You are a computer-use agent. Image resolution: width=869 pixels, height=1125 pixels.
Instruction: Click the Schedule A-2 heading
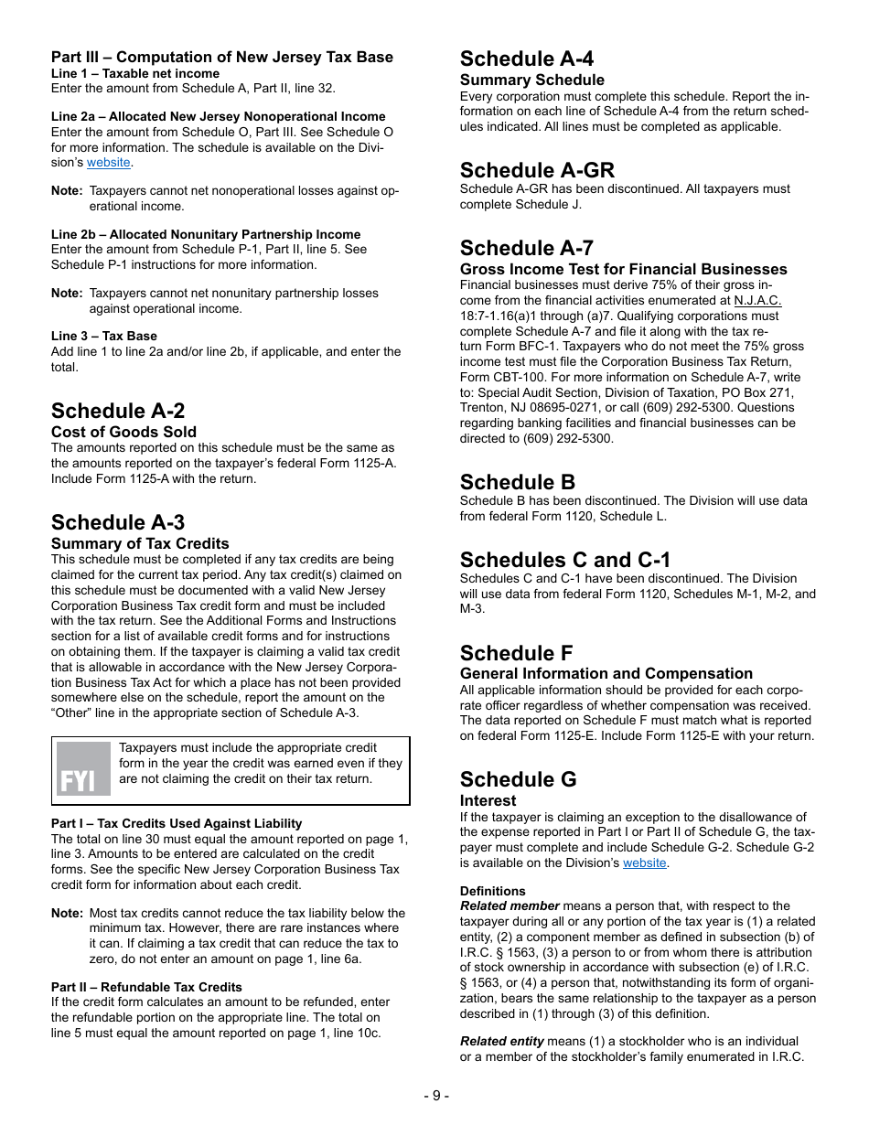pos(118,411)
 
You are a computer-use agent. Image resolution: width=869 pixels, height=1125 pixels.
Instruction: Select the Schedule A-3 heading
pos(118,522)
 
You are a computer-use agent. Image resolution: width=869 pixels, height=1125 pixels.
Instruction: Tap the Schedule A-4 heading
pos(527,59)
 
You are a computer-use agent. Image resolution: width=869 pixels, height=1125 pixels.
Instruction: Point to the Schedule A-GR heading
pos(537,170)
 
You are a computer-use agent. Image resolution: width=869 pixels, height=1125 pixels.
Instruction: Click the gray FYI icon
pos(83,768)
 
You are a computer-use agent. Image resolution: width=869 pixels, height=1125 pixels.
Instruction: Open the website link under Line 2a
pos(109,163)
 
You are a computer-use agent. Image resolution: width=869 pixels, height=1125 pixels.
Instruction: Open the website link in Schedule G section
pos(645,862)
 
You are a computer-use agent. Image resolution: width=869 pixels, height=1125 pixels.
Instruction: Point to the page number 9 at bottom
pos(435,1096)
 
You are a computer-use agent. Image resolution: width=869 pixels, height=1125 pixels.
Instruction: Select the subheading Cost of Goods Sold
pos(123,432)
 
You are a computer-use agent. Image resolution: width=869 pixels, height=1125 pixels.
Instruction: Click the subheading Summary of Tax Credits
pos(140,543)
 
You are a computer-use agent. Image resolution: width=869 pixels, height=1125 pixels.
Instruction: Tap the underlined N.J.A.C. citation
pos(757,301)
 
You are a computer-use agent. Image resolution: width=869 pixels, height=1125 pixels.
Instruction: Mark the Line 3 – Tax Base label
pos(104,336)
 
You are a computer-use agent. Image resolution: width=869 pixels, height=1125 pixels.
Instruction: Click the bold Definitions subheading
pos(492,891)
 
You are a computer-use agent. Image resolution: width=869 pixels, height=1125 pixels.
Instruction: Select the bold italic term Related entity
pos(502,1041)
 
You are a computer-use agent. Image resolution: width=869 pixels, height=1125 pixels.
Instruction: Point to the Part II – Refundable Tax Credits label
pos(146,987)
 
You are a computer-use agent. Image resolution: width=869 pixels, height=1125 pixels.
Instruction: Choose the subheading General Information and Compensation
pos(606,673)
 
